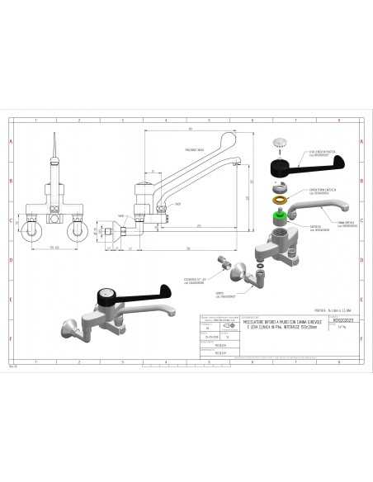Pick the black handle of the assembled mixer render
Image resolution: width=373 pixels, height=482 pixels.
[x=140, y=291]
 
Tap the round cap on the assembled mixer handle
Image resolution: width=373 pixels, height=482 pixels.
[x=106, y=293]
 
